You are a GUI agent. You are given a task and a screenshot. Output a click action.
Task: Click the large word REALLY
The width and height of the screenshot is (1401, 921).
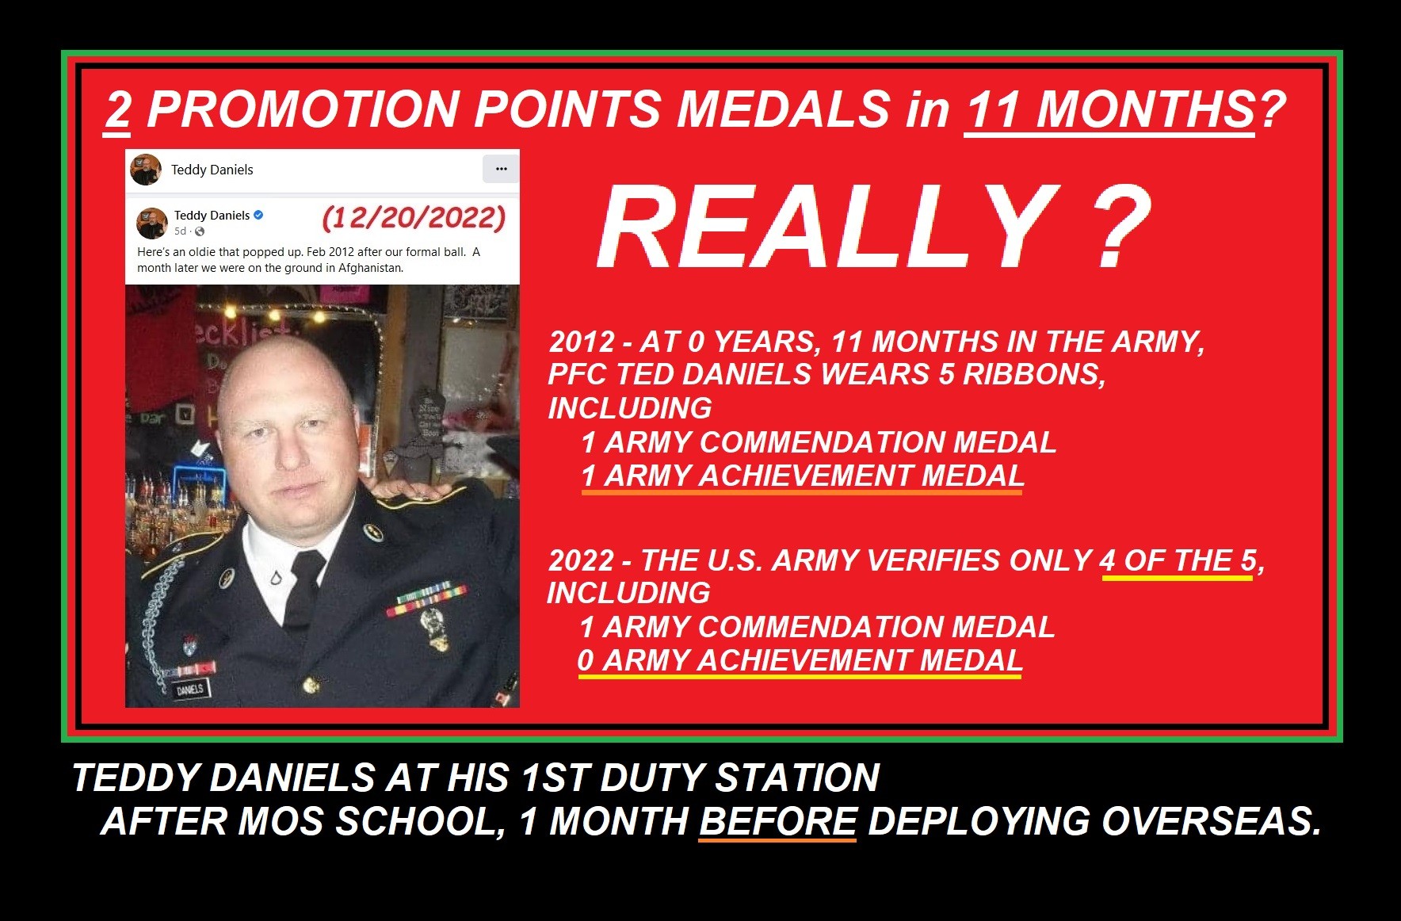click(827, 227)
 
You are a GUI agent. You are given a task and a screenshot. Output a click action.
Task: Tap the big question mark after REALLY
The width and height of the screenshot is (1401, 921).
click(1120, 227)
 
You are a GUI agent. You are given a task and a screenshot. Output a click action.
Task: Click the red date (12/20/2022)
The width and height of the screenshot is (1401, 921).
click(414, 217)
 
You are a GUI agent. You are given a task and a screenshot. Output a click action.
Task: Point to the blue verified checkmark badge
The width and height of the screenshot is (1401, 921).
click(258, 215)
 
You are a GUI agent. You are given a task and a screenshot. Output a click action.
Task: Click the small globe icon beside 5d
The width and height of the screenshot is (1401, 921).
click(200, 231)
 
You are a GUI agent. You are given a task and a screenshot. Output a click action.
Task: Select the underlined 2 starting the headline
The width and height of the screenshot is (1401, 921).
click(117, 109)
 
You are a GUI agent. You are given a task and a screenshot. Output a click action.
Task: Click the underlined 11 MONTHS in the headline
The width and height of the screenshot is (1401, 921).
click(1109, 109)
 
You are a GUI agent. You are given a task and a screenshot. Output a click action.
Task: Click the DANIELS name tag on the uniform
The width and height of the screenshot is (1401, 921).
click(190, 689)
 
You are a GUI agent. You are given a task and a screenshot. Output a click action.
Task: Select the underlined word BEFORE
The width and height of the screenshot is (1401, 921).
click(778, 822)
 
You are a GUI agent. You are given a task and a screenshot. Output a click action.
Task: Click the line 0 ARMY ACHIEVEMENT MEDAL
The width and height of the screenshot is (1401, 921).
click(800, 661)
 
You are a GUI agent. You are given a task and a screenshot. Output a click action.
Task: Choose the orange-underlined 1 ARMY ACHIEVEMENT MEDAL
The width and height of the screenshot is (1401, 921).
click(802, 476)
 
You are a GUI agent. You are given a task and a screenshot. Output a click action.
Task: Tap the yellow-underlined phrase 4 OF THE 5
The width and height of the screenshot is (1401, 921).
click(1178, 560)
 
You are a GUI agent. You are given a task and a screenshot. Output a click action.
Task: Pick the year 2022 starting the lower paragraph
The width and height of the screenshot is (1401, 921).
click(581, 560)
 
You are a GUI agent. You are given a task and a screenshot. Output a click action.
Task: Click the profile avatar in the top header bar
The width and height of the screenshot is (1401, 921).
click(146, 170)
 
